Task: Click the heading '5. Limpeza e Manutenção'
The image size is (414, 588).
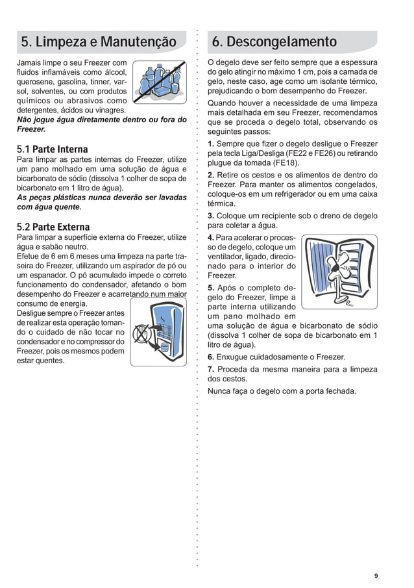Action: (x=99, y=42)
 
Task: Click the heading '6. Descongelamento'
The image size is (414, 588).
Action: (x=274, y=42)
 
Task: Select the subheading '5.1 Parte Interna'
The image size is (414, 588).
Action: (x=52, y=149)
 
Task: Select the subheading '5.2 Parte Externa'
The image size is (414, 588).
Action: (x=53, y=227)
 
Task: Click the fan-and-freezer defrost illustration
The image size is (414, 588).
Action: (x=339, y=272)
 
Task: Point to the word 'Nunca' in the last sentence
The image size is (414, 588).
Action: (x=219, y=391)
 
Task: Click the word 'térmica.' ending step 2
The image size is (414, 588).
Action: (x=222, y=203)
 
